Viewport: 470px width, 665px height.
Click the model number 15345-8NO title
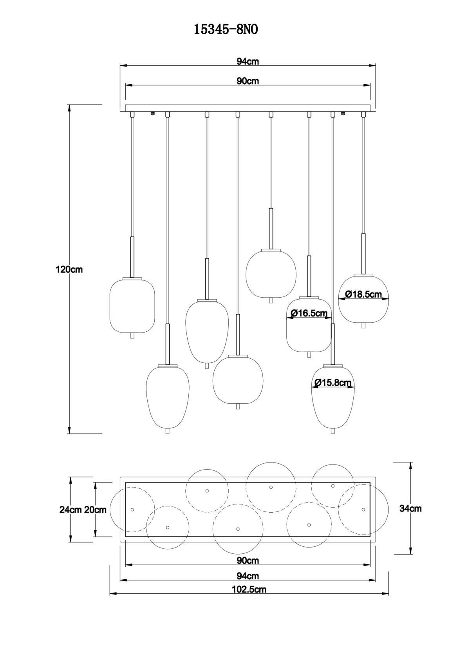(x=226, y=30)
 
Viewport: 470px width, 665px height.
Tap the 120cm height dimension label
(x=69, y=269)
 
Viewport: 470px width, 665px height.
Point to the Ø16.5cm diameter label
(x=309, y=313)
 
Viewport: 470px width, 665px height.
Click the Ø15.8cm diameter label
(x=333, y=383)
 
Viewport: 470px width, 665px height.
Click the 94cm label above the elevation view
(x=248, y=61)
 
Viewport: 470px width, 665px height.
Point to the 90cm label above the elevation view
(x=248, y=81)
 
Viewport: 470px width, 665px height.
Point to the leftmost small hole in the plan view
(x=132, y=510)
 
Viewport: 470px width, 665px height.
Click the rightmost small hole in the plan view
(x=363, y=510)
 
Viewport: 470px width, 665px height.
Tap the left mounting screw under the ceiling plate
(x=153, y=114)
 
